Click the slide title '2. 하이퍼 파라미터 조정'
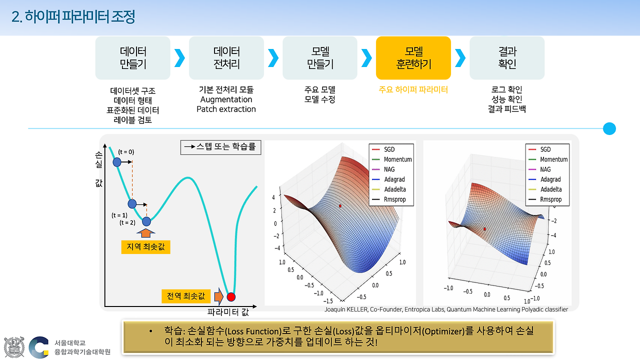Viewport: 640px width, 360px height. (x=73, y=17)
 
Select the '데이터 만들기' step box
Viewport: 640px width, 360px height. (x=133, y=58)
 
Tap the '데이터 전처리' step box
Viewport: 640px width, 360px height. (x=226, y=58)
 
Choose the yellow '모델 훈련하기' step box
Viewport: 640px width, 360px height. (x=413, y=58)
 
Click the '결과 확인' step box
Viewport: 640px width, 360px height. (x=507, y=58)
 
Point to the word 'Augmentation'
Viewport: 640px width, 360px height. (x=226, y=99)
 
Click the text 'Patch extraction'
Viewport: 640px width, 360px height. (x=226, y=109)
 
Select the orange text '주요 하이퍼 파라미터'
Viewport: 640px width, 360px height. (x=413, y=90)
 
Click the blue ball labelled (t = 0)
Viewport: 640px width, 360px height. (x=117, y=162)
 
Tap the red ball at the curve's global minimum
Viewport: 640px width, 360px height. (x=231, y=297)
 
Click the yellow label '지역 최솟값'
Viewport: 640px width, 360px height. (x=145, y=247)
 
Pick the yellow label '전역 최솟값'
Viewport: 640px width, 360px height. (x=186, y=296)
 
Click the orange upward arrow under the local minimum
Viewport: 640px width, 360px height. (x=145, y=232)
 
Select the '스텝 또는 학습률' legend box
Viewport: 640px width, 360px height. (x=220, y=147)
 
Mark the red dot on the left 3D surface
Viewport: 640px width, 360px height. (x=340, y=205)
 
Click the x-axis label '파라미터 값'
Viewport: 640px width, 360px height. (x=228, y=312)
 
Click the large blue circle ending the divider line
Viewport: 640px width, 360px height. (x=609, y=128)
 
